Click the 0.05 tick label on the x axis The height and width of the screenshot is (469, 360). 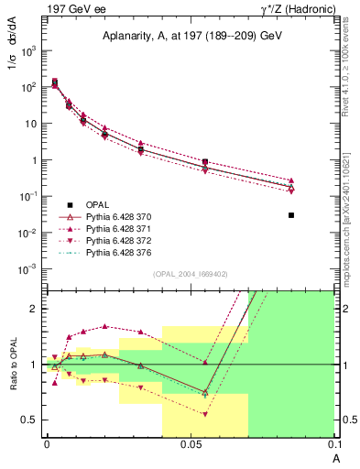(191, 442)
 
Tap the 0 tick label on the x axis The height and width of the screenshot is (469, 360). (47, 442)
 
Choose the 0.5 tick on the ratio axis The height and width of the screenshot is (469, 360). (30, 420)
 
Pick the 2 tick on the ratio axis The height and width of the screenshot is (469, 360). (34, 309)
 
